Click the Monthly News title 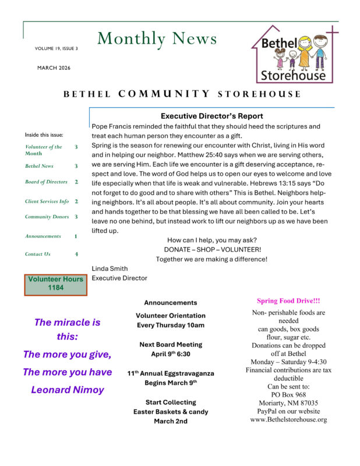(x=157, y=38)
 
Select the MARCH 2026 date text (x=54, y=68)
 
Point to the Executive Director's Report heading (x=211, y=116)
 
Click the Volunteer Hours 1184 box (x=56, y=284)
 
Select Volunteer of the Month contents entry (x=43, y=150)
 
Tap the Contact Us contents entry (x=38, y=254)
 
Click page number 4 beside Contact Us (x=76, y=254)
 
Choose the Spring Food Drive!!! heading (x=288, y=301)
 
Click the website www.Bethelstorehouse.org (x=288, y=419)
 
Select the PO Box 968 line (x=288, y=394)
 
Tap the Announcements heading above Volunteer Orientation (x=171, y=302)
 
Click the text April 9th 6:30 (x=171, y=354)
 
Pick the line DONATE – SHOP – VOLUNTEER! (x=212, y=249)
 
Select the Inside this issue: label (x=44, y=135)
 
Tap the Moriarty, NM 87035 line (x=288, y=403)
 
